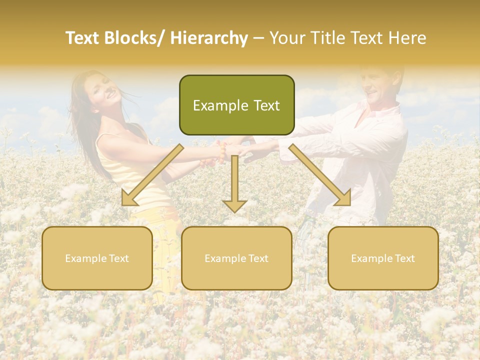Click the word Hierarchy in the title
click(x=209, y=38)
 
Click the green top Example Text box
click(x=236, y=105)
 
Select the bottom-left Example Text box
click(x=97, y=258)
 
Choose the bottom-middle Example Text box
click(x=236, y=258)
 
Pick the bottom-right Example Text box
click(x=383, y=258)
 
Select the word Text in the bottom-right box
click(x=404, y=258)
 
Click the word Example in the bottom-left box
click(x=85, y=258)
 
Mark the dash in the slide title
click(x=259, y=38)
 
